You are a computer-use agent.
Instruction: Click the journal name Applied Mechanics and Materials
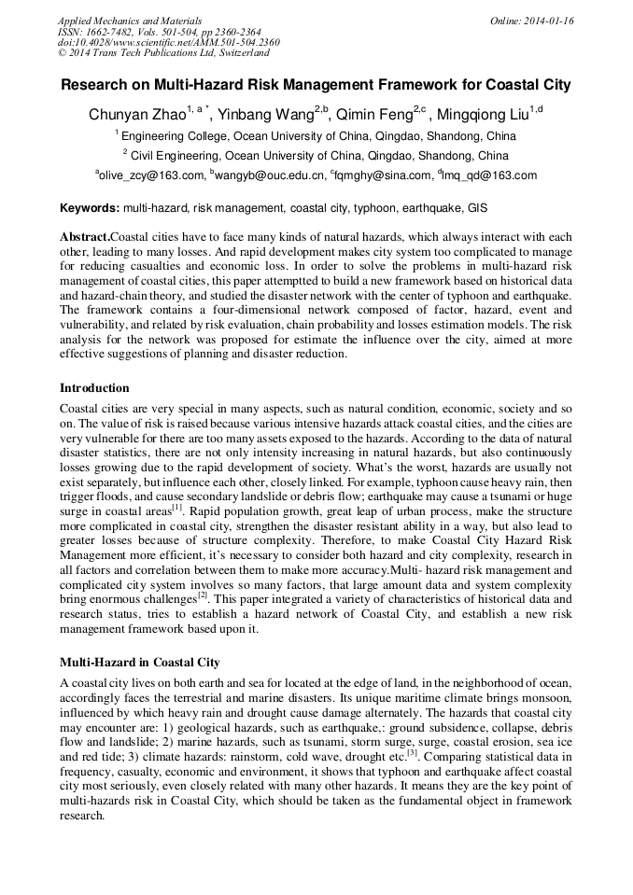129,21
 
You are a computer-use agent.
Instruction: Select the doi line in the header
168,43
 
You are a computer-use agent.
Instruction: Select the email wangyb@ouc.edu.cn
270,175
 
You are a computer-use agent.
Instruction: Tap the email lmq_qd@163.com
489,175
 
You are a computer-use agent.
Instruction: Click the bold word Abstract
85,238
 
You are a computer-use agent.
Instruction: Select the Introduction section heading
94,388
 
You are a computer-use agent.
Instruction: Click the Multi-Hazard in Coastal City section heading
139,663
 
